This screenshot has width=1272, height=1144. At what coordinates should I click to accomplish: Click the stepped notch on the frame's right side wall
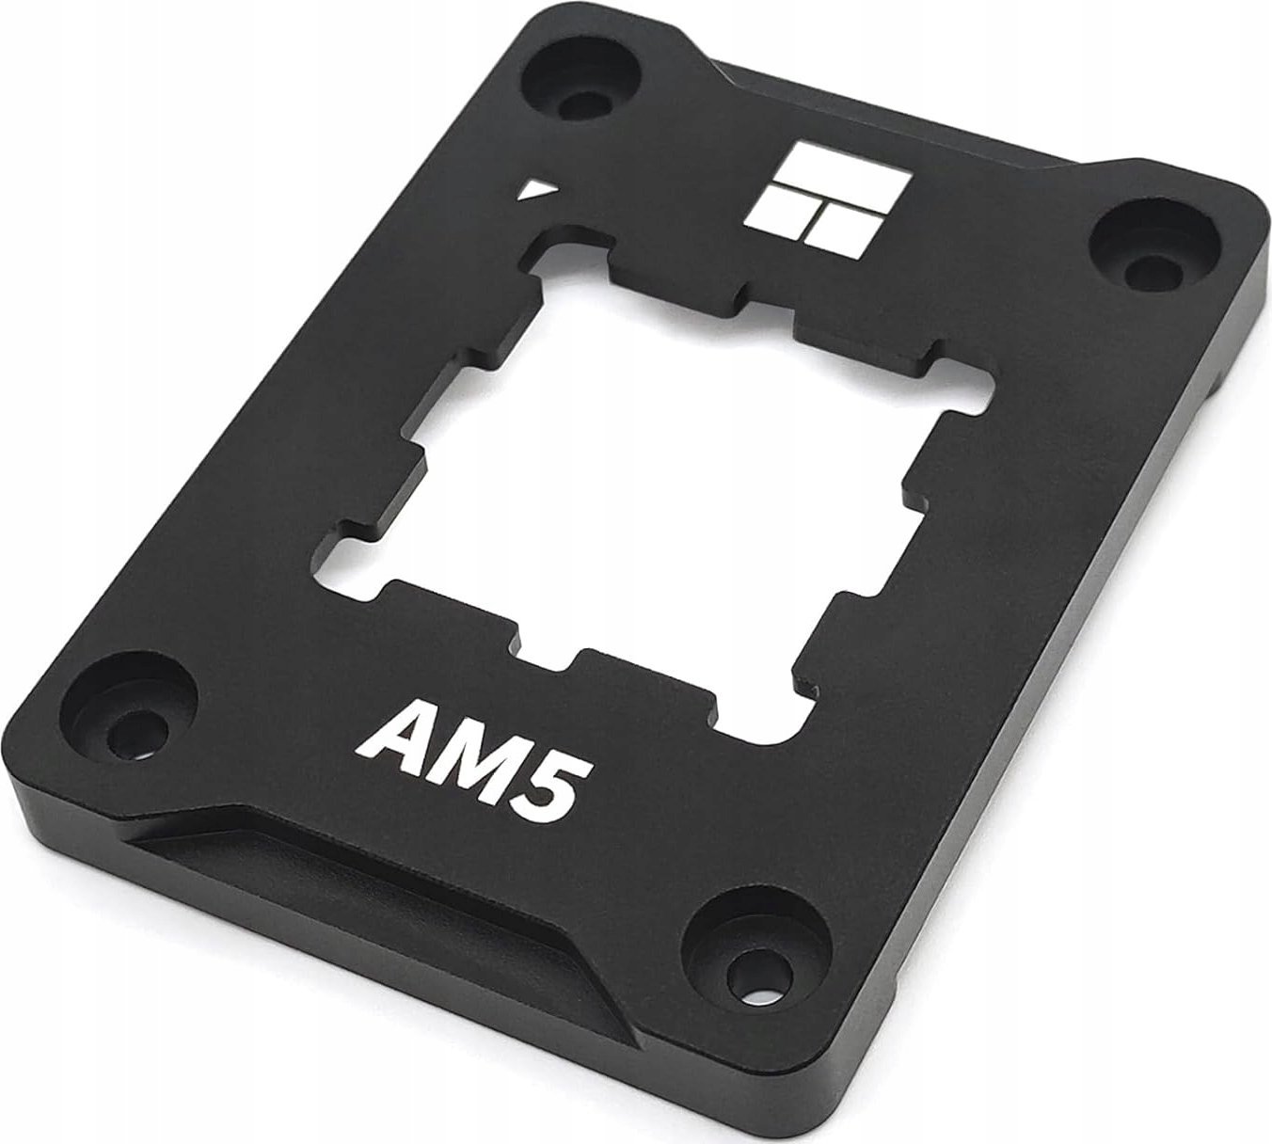pos(1214,376)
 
